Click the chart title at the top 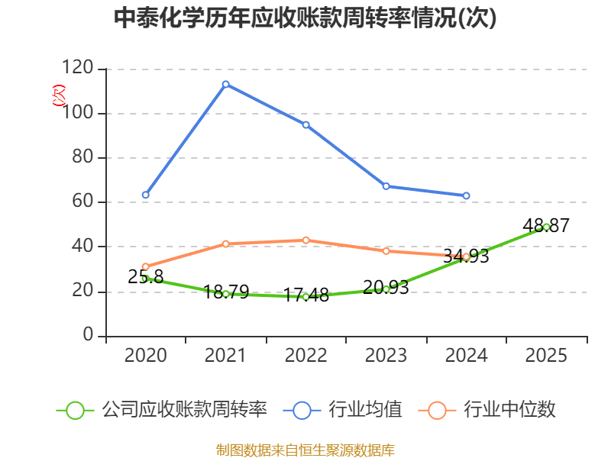305,18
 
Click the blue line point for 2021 226,84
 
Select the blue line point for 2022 305,124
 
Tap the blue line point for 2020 146,195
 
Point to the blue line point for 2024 466,196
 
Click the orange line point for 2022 305,240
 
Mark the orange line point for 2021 226,244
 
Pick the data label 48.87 546,225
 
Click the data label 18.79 226,292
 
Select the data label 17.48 305,295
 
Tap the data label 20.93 386,287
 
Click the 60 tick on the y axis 84,202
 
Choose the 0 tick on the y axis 89,336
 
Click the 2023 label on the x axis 386,356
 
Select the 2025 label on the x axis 546,356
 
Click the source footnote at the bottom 305,450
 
